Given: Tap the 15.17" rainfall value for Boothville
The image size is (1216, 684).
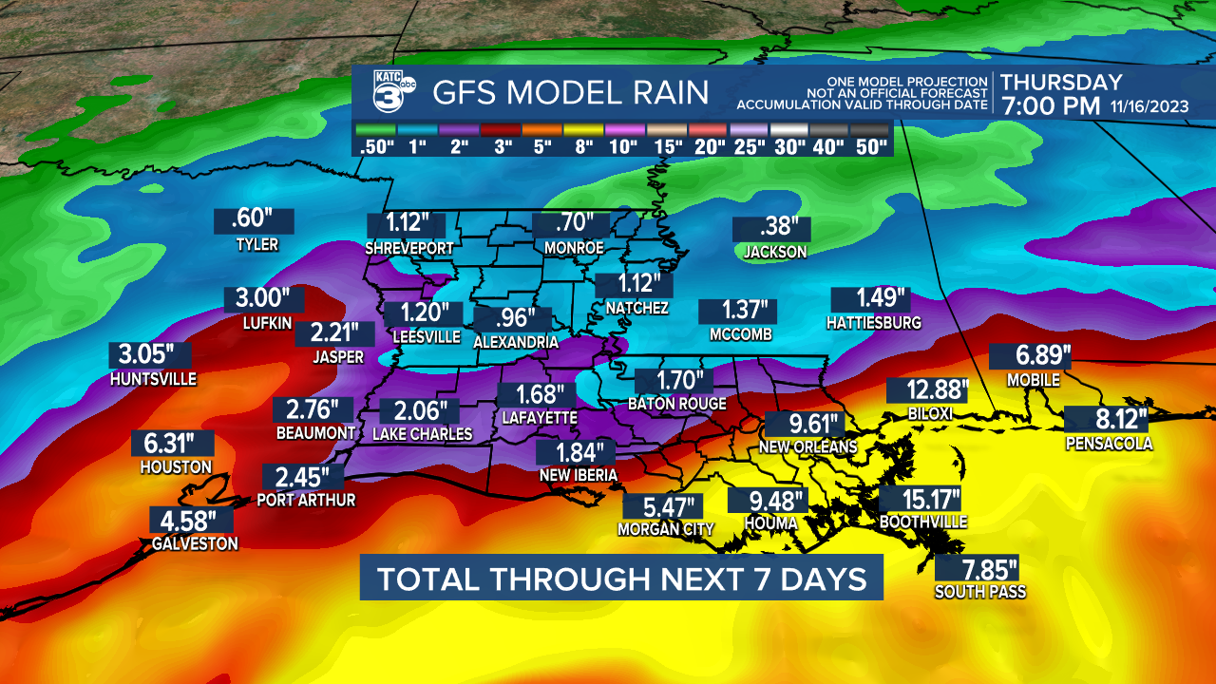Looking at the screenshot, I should click(920, 499).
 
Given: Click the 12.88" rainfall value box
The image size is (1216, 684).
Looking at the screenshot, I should click(927, 390).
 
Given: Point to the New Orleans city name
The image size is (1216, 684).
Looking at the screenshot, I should click(808, 446).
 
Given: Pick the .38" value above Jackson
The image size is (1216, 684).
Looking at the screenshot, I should click(771, 228).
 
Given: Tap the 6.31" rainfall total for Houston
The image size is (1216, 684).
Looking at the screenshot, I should click(172, 444).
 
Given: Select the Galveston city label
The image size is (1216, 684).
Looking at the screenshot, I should click(195, 543).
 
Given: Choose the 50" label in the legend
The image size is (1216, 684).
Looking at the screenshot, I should click(870, 147).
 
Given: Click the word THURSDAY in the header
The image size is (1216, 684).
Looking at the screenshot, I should click(1061, 83).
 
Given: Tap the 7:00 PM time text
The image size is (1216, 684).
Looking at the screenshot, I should click(1050, 105).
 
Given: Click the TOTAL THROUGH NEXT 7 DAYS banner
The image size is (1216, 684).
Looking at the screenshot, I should click(621, 579).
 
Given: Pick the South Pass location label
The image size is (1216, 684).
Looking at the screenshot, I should click(979, 592).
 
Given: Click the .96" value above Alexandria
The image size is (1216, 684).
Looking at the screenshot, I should click(512, 318).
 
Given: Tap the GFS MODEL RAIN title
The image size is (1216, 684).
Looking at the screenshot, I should click(570, 93).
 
